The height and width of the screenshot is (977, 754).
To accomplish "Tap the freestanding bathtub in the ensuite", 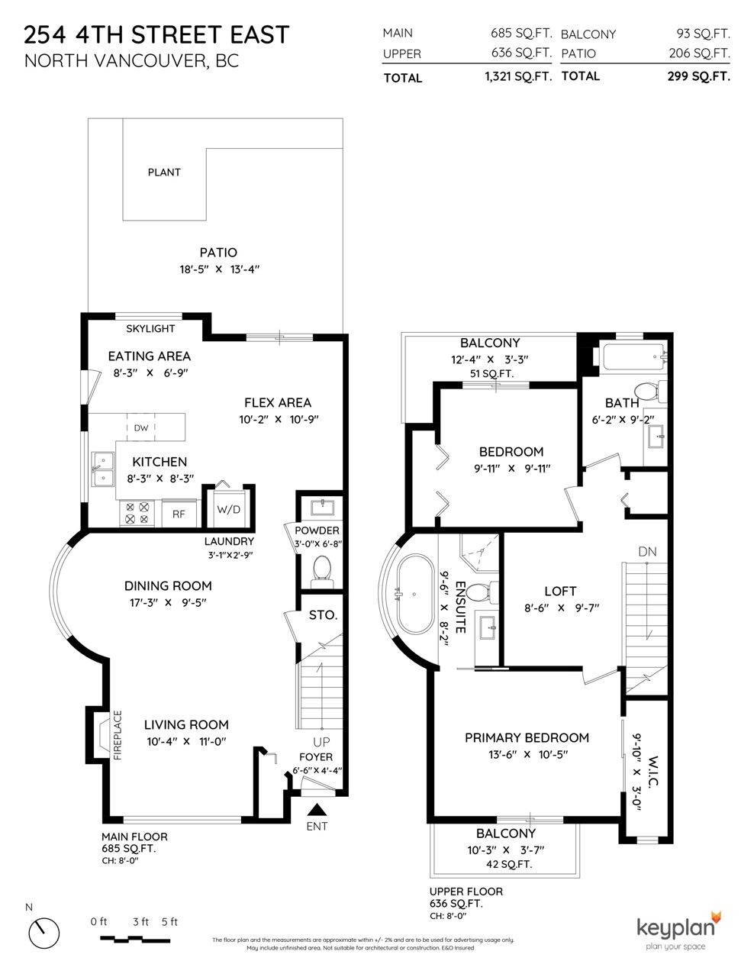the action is pyautogui.click(x=414, y=594).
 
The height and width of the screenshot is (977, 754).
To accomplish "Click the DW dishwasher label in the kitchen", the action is pyautogui.click(x=141, y=428).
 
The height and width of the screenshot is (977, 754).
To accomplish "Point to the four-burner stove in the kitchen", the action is pyautogui.click(x=137, y=513).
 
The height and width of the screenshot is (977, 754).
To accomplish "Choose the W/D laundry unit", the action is pyautogui.click(x=229, y=509).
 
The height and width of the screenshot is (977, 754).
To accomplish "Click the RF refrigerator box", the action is pyautogui.click(x=179, y=514).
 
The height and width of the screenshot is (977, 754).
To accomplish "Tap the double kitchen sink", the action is pyautogui.click(x=103, y=469).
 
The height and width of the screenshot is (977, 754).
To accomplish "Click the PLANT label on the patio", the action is pyautogui.click(x=164, y=173).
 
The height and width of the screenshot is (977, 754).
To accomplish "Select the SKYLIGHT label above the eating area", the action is pyautogui.click(x=150, y=329).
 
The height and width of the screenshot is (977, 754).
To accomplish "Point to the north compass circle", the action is pyautogui.click(x=43, y=933).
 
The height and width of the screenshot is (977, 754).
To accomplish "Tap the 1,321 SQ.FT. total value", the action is pyautogui.click(x=518, y=76).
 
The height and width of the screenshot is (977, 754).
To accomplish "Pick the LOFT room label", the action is pyautogui.click(x=560, y=592).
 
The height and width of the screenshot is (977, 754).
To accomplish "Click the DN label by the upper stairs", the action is pyautogui.click(x=647, y=552).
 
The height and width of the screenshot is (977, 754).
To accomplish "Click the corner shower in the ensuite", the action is pyautogui.click(x=479, y=553).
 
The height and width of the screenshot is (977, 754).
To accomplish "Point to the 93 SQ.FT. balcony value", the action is pyautogui.click(x=703, y=34).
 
